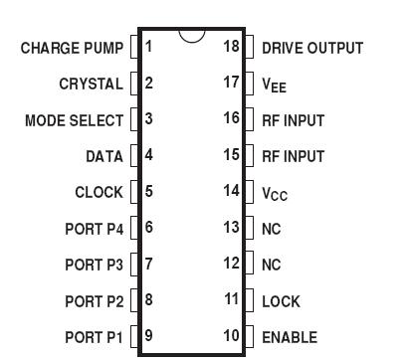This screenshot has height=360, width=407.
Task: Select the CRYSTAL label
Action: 92,84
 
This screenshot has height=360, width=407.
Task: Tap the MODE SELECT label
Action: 75,120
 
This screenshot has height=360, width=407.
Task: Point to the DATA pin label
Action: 104,156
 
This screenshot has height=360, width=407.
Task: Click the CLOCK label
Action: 99,192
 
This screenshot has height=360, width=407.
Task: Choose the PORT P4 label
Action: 95,229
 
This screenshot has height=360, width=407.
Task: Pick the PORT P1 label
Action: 95,337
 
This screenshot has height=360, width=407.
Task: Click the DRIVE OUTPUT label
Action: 311,48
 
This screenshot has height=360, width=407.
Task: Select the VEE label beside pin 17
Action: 274,86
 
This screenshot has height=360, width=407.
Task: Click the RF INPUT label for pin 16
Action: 293,120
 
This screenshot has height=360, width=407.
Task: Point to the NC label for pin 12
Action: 271,265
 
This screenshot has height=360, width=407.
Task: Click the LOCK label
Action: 281,301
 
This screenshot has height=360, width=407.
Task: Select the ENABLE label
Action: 289,337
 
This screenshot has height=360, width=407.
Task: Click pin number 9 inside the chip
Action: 148,337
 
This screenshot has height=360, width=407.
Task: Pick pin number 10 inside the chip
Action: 232,337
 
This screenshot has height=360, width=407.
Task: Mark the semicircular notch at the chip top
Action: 192,35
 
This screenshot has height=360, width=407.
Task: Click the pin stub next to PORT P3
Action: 134,265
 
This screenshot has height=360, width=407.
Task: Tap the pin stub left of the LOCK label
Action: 249,301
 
